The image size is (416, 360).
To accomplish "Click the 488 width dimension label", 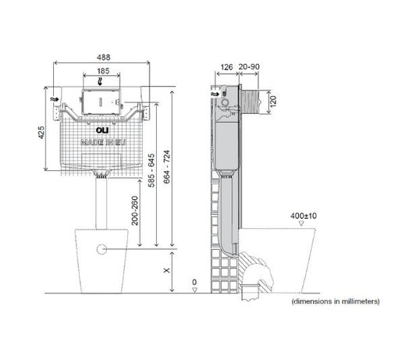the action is (104, 57).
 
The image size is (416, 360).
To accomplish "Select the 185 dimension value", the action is (103, 71).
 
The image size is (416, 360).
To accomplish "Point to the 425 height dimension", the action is (41, 132).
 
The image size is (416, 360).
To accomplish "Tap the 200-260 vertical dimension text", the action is (135, 211).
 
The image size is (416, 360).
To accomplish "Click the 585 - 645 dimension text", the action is (151, 170).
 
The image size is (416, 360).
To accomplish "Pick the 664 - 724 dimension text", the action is (166, 167).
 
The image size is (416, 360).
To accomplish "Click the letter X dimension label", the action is (166, 270).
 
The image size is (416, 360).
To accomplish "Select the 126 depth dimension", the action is (226, 67).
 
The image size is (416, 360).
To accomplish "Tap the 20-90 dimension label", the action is (249, 66).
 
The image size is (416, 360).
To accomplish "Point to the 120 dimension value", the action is (273, 101).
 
